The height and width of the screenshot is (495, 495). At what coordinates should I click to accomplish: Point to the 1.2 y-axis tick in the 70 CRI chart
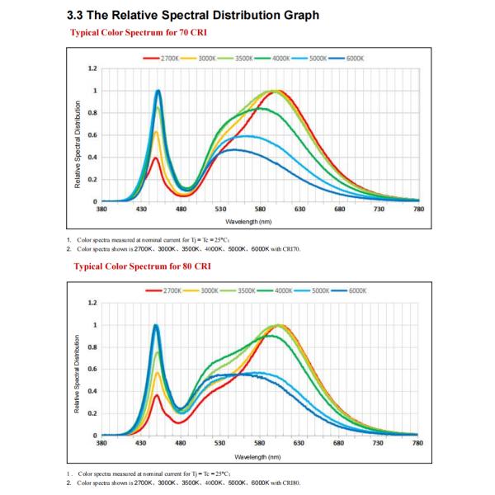point(92,68)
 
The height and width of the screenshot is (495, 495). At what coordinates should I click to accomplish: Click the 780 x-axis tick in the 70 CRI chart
point(417,210)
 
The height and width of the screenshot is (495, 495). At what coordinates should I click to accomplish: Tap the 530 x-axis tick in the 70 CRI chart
point(220,210)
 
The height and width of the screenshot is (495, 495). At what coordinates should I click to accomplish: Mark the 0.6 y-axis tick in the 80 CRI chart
point(92,369)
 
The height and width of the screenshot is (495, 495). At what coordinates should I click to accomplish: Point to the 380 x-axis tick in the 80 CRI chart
point(101,444)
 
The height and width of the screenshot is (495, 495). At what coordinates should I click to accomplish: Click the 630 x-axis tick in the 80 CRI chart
point(299,444)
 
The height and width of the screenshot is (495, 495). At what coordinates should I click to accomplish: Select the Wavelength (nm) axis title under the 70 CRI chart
point(259,222)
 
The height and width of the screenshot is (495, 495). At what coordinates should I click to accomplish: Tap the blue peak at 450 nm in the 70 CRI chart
point(158,91)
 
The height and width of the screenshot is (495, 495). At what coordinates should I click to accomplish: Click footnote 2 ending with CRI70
point(188,248)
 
